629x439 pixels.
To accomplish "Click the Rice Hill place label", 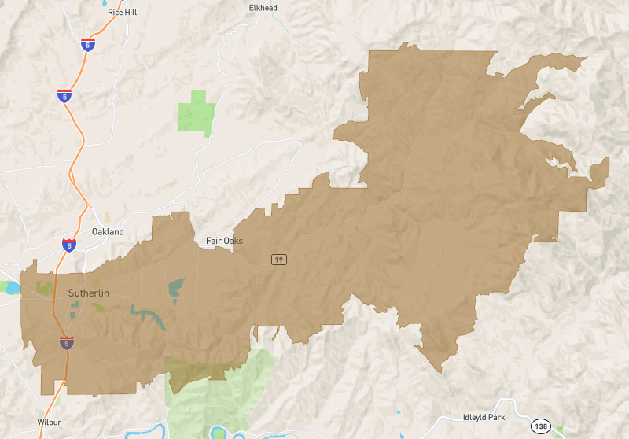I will point(122,13).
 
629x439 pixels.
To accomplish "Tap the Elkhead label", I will point(263,8).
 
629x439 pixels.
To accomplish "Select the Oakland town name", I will point(108,232).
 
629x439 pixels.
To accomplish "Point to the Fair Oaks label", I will point(224,241).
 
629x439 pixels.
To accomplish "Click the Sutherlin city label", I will point(88,293).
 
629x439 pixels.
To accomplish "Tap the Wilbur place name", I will point(49,422).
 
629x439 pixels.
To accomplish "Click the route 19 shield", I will point(278,260).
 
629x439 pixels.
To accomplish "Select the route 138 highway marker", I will point(540,426).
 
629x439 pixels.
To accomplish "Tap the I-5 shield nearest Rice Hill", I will point(87,46).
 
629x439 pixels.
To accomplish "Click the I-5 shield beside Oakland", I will point(69,245).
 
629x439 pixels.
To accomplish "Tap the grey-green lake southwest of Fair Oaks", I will point(177,289).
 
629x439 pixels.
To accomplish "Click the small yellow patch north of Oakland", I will point(107,217).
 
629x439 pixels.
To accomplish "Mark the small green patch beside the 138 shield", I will point(560,430).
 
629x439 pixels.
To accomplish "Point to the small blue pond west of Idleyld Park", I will point(399,412).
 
